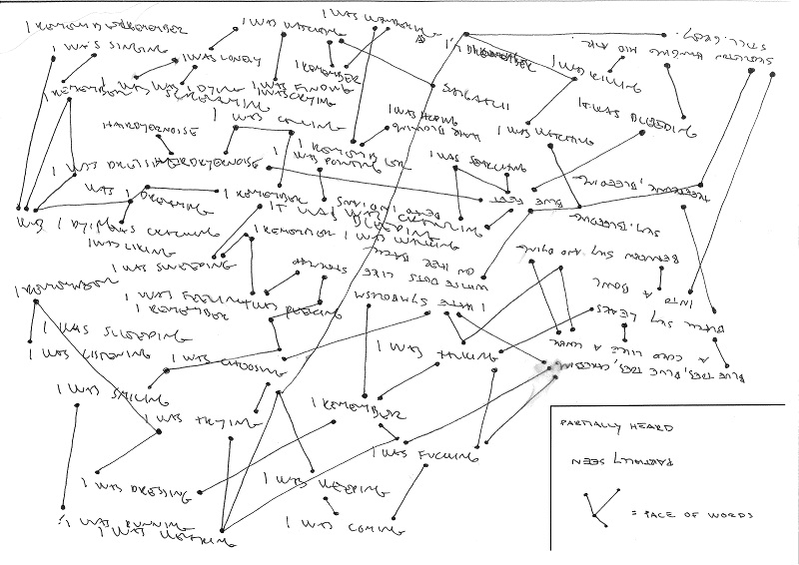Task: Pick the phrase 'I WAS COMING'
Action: pyautogui.click(x=330, y=525)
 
